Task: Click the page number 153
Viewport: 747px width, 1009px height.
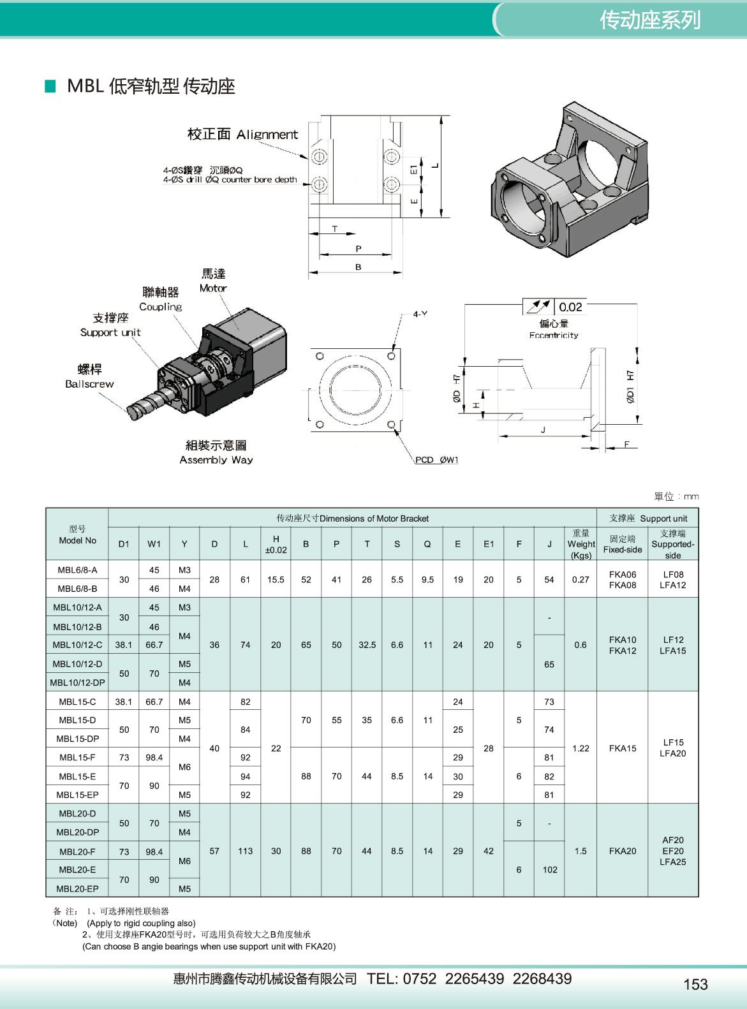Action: click(695, 985)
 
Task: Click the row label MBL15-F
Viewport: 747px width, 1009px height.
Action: click(77, 758)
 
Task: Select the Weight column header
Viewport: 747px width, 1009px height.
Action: click(581, 544)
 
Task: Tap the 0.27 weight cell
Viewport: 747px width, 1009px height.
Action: click(581, 580)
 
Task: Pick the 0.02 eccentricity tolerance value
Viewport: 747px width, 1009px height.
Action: click(570, 307)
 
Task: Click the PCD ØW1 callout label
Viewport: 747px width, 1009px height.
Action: click(437, 460)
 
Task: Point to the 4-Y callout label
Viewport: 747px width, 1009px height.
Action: click(420, 314)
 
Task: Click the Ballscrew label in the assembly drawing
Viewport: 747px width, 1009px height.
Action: click(89, 384)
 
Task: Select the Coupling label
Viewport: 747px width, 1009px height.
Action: click(161, 307)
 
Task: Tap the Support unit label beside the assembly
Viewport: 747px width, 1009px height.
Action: click(110, 332)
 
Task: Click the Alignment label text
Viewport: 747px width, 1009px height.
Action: click(267, 135)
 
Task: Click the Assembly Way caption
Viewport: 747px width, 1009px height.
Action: click(216, 460)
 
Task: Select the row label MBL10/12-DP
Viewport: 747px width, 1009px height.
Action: click(77, 682)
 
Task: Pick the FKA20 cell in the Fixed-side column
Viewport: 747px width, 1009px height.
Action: click(622, 851)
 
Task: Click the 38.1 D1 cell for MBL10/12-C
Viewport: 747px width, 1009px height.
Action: click(124, 645)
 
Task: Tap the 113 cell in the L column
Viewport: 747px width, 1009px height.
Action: click(245, 851)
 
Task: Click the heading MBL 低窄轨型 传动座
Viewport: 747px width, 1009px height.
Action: click(151, 86)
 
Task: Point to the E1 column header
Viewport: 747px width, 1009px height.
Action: click(488, 544)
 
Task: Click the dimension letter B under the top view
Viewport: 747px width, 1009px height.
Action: click(358, 267)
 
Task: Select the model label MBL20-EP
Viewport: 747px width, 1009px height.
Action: click(77, 888)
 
